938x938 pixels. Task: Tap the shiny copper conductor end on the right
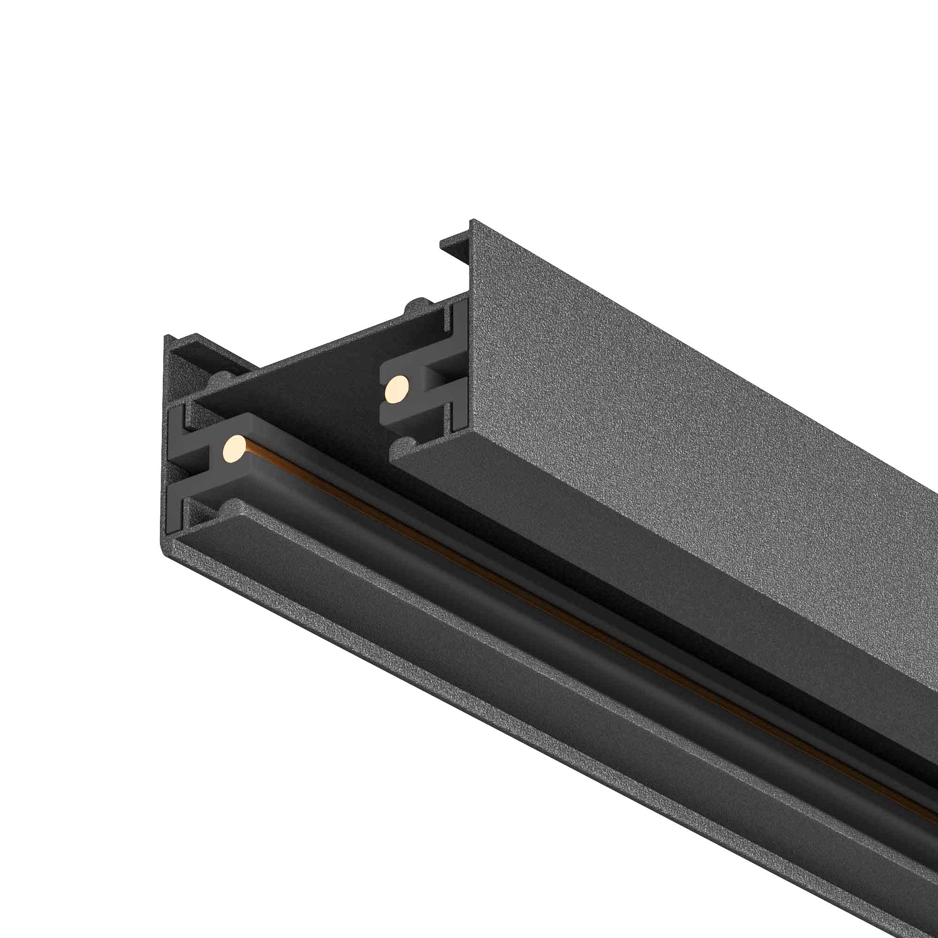point(397,388)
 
